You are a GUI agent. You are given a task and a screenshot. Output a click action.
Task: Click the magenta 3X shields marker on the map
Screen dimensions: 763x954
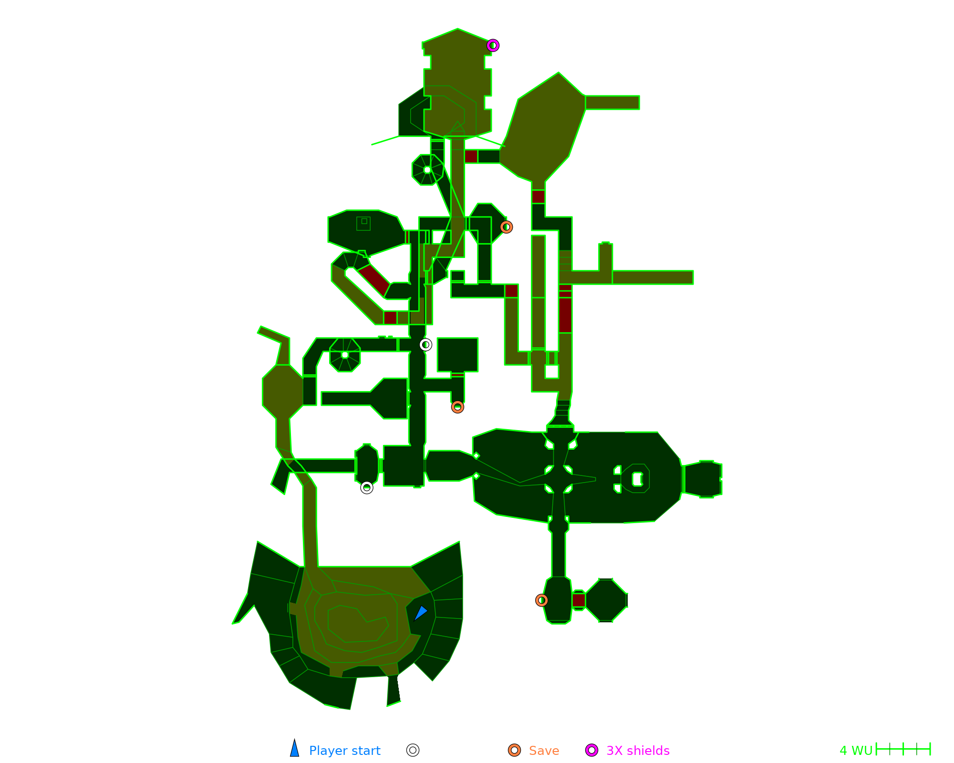click(493, 45)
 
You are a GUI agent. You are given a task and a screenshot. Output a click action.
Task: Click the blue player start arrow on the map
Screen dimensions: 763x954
click(420, 613)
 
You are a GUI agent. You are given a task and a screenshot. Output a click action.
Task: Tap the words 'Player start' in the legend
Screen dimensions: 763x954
click(344, 751)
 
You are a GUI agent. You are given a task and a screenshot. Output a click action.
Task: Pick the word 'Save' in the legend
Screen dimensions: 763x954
click(544, 751)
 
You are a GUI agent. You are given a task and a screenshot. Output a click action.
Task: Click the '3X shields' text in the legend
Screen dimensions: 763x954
click(638, 751)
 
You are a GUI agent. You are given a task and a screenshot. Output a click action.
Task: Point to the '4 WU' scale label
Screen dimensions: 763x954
click(856, 751)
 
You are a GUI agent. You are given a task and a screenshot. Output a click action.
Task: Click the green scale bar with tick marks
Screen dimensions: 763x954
click(903, 749)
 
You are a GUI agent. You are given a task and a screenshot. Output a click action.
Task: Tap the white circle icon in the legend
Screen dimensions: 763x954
click(413, 750)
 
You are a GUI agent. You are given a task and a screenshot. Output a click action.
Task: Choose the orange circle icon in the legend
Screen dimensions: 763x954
click(514, 750)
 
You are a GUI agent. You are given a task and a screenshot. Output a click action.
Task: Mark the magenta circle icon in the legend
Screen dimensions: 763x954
click(591, 750)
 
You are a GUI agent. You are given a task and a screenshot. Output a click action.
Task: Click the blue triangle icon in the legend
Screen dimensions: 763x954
click(295, 749)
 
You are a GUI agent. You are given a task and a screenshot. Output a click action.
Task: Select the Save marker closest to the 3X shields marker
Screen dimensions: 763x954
click(506, 227)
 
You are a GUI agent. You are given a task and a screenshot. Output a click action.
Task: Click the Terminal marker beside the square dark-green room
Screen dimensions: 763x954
click(425, 344)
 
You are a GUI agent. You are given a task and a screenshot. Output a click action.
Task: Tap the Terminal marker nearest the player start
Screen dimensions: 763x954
click(366, 487)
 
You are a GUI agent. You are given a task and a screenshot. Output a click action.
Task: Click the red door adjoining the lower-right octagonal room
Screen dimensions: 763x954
click(579, 600)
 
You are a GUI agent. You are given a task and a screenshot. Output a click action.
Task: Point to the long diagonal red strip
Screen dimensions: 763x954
click(374, 280)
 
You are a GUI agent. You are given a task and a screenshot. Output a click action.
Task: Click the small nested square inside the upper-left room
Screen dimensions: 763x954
click(364, 221)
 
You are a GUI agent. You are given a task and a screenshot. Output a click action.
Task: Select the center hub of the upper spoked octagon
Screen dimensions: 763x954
click(427, 170)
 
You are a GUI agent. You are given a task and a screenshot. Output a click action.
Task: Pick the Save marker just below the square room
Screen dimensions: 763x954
click(457, 407)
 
